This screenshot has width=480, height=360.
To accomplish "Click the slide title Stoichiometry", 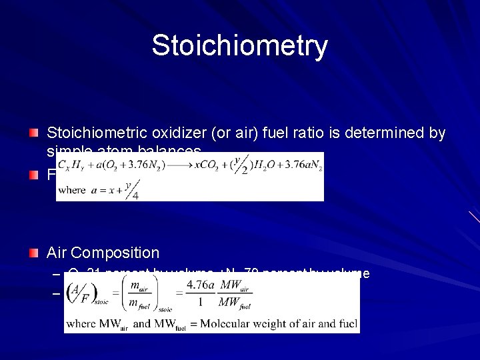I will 239,46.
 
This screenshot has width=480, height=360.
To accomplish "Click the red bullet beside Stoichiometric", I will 33,133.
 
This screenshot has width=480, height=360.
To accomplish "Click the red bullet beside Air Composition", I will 33,253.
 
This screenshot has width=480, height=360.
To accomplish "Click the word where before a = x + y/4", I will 72,189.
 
